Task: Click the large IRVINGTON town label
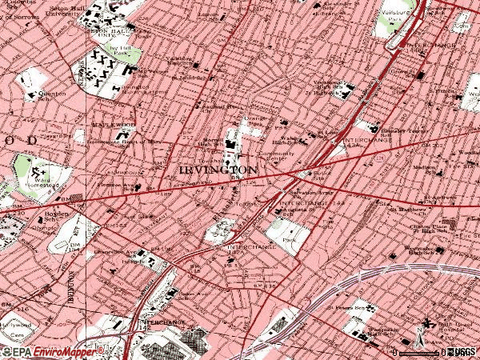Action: [x=218, y=170]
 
